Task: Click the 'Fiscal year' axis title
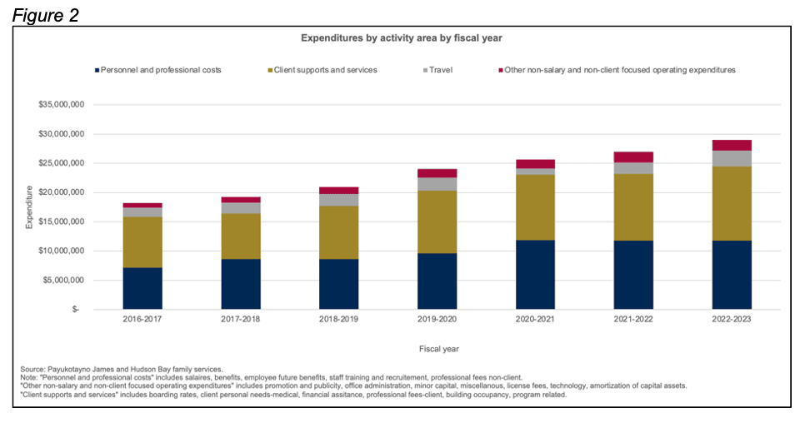[437, 349]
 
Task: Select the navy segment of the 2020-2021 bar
[535, 274]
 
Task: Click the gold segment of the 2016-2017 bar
[142, 241]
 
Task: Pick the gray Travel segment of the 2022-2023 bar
[732, 158]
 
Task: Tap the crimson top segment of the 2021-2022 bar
[633, 157]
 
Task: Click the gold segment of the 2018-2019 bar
[338, 232]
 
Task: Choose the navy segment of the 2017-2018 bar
[241, 283]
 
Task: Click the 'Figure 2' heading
[46, 14]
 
